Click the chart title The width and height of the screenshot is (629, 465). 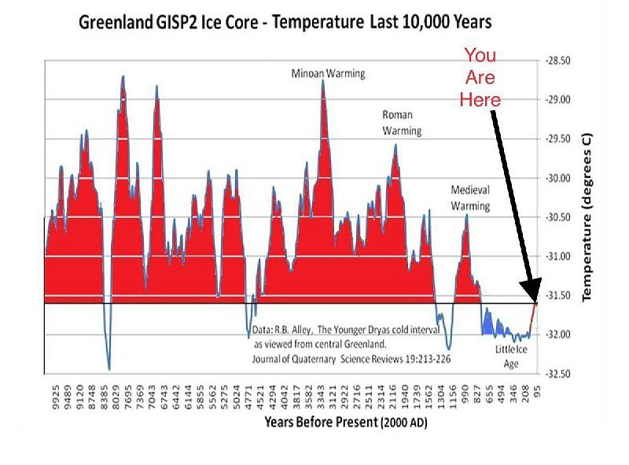point(285,22)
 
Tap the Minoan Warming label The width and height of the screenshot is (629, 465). point(328,73)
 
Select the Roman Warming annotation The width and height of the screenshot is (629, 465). point(402,123)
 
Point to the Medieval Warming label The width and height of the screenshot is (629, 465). point(470,197)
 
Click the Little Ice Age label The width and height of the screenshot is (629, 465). point(511,356)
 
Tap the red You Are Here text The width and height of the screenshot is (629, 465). point(480,77)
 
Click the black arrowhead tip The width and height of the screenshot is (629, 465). point(535,301)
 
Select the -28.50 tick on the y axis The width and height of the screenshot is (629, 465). point(558,61)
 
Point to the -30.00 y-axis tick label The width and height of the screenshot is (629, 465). point(558,178)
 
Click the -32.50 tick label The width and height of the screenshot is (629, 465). point(558,374)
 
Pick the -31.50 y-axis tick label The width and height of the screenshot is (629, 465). point(558,296)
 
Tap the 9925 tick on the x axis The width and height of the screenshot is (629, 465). point(56,397)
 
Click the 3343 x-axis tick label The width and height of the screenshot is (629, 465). point(321,397)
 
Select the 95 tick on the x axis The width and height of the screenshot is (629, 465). point(538,391)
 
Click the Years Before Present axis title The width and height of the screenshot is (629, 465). point(346,422)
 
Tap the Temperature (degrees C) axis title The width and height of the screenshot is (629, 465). point(587,217)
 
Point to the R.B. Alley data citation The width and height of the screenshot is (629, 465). point(351,344)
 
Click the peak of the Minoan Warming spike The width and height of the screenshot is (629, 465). point(323,80)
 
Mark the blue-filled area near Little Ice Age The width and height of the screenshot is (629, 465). point(487,324)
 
